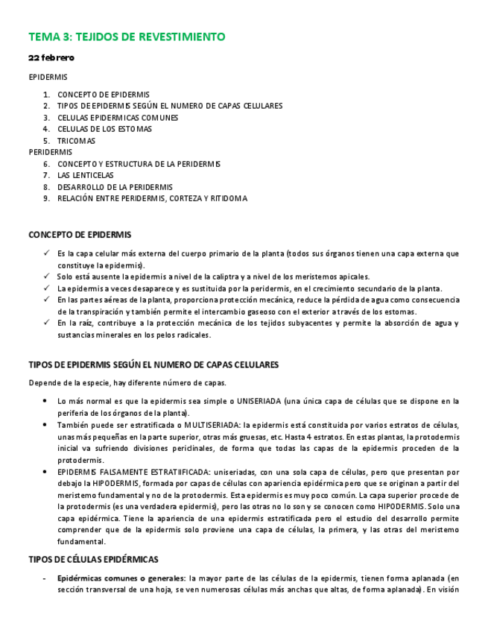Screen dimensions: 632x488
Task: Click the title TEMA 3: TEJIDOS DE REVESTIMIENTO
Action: pos(127,37)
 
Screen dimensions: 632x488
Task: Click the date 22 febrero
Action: pos(51,57)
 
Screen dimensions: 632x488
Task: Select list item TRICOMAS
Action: pos(76,141)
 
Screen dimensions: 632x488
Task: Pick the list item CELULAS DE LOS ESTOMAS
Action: pos(104,129)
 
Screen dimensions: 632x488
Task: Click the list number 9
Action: pos(46,199)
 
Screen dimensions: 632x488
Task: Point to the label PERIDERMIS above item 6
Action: pos(50,152)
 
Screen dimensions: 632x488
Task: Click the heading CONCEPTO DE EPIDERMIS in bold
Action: pos(80,235)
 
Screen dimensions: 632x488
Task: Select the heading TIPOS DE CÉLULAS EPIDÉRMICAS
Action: pos(93,559)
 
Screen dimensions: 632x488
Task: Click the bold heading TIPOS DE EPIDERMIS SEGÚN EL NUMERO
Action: pos(153,365)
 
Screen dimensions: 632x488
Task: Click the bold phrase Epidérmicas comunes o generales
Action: pos(121,578)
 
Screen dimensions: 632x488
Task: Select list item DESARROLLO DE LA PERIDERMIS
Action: pos(115,187)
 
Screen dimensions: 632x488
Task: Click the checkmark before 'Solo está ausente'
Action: pos(46,276)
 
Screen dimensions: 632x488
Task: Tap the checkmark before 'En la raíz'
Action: pos(46,323)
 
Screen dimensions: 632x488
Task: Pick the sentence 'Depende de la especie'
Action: pos(127,383)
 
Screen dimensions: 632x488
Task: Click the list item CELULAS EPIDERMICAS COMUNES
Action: pos(118,118)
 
